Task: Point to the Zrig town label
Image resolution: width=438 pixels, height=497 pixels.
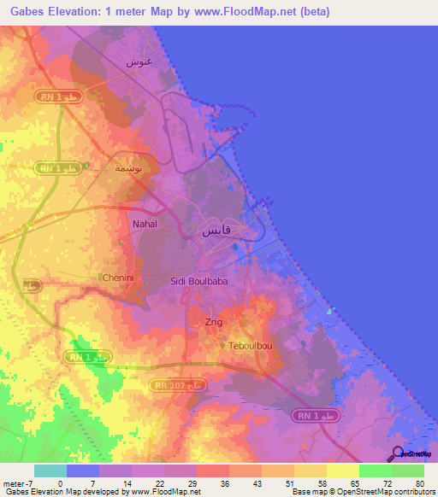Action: click(214, 322)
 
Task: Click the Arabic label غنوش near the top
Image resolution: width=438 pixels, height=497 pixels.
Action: click(139, 62)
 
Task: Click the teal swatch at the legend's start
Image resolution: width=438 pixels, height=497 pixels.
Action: click(50, 471)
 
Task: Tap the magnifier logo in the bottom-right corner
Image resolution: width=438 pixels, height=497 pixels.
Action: click(396, 453)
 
